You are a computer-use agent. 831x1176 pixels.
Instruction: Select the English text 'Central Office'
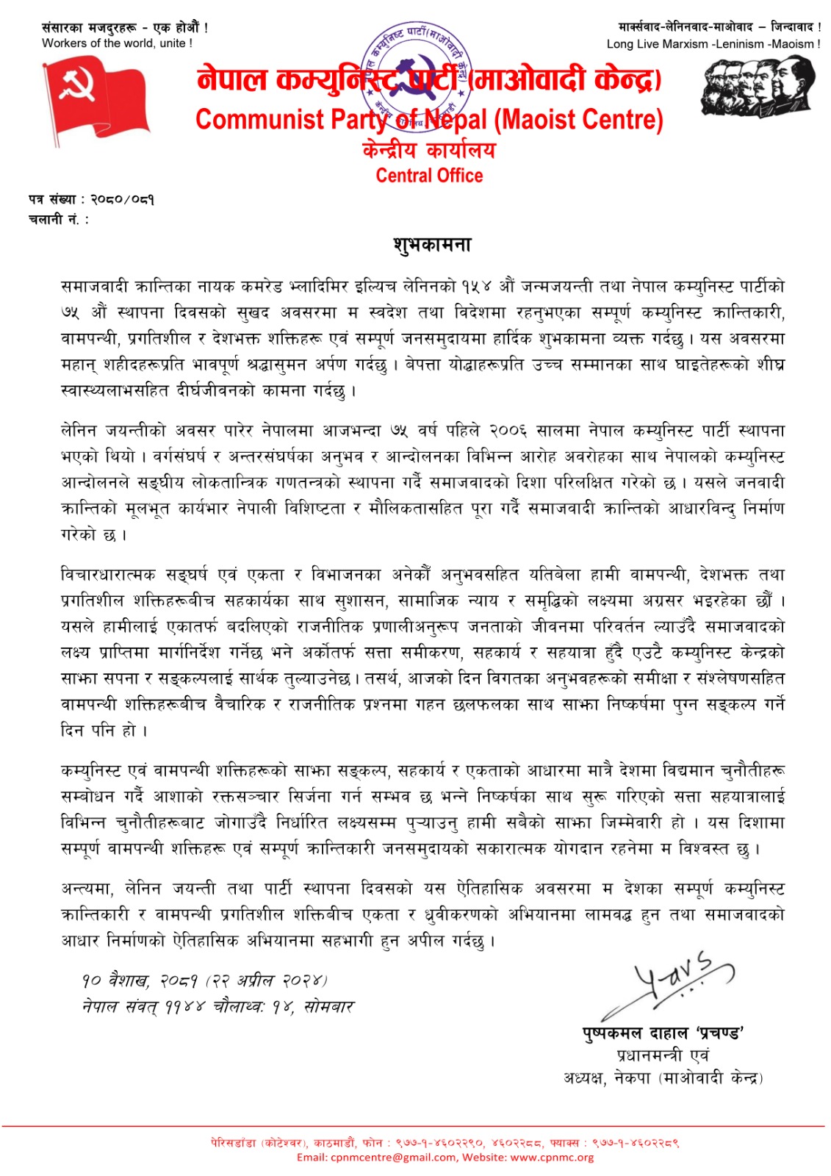(429, 176)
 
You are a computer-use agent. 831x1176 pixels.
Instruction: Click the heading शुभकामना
(431, 245)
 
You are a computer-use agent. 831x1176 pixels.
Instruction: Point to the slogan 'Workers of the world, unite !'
(117, 43)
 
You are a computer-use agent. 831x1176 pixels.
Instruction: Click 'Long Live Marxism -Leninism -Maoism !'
(713, 44)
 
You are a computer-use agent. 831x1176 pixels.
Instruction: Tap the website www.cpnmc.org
(552, 1157)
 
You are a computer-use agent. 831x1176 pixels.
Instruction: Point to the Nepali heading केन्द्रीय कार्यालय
(429, 151)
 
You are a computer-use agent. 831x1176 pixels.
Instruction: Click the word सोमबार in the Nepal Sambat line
(328, 1007)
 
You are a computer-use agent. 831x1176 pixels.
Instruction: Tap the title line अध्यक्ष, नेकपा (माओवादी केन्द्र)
(663, 1078)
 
